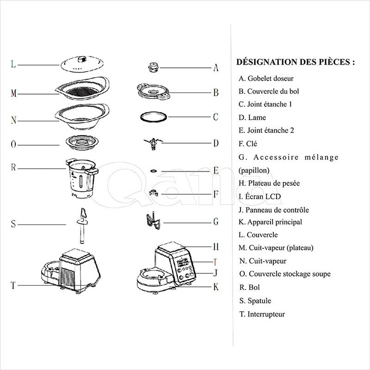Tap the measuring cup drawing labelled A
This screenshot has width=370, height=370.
tap(154, 67)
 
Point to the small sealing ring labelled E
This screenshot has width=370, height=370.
tap(153, 170)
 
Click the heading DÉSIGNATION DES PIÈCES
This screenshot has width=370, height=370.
tap(296, 62)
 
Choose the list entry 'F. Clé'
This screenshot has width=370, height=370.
tap(248, 144)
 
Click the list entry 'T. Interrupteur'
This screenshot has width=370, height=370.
tap(262, 314)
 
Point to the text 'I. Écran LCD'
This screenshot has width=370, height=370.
tap(260, 196)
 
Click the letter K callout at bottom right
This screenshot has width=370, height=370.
tap(216, 287)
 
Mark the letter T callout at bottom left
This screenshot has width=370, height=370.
tap(13, 285)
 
